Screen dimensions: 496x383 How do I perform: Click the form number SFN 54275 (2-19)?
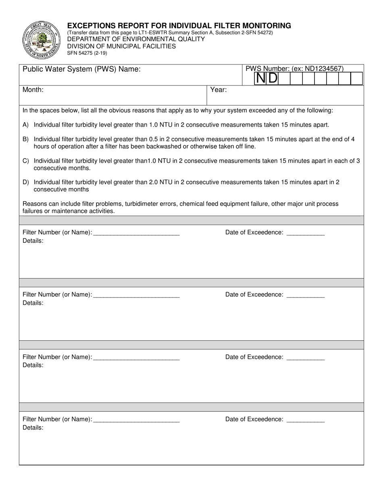(87, 53)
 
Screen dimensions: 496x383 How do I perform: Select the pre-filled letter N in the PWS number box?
(261, 78)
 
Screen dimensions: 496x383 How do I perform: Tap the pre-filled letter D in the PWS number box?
(273, 78)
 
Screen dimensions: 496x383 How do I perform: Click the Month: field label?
(33, 90)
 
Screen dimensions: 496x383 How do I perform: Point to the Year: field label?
(219, 90)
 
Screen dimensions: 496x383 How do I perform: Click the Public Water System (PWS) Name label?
(81, 69)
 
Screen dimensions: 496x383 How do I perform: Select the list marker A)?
(26, 125)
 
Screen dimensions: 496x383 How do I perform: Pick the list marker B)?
(26, 140)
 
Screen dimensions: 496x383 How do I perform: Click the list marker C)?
(26, 161)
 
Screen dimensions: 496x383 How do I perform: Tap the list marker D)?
(26, 182)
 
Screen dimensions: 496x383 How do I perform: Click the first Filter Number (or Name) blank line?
(136, 233)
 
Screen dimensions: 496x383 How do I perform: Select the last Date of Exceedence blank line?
(305, 420)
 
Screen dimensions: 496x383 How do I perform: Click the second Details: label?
(33, 303)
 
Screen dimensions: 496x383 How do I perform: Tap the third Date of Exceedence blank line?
(305, 358)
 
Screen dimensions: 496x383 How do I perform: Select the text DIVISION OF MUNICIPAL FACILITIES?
(121, 46)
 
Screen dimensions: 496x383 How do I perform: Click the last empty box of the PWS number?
(357, 78)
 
